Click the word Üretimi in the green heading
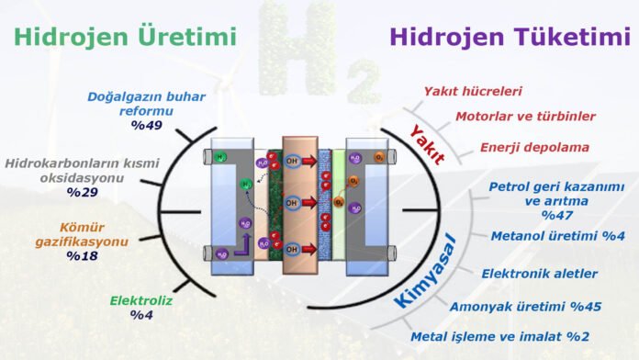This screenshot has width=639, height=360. click(x=188, y=37)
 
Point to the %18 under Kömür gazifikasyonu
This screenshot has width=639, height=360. click(x=85, y=256)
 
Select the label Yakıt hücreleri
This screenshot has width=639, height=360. click(x=472, y=91)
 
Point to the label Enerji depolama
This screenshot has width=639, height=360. click(x=534, y=147)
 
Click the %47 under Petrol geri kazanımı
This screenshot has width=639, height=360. click(x=556, y=215)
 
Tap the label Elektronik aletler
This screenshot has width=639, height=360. click(x=539, y=273)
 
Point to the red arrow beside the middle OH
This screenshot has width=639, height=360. click(x=311, y=202)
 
